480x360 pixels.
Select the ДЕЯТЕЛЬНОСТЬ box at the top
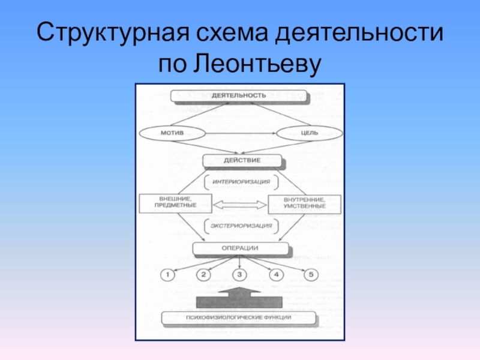coord(239,96)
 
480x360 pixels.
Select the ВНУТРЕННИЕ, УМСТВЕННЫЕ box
coord(304,203)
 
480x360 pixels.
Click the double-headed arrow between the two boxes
coord(239,205)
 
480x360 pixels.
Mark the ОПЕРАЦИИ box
coord(240,248)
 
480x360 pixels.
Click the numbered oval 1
coord(169,275)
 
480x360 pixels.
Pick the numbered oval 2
coord(204,275)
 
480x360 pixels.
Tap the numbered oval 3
coord(240,275)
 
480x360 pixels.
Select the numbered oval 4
coord(275,275)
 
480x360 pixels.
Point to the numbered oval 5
coord(311,275)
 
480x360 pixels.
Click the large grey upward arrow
coord(239,298)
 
